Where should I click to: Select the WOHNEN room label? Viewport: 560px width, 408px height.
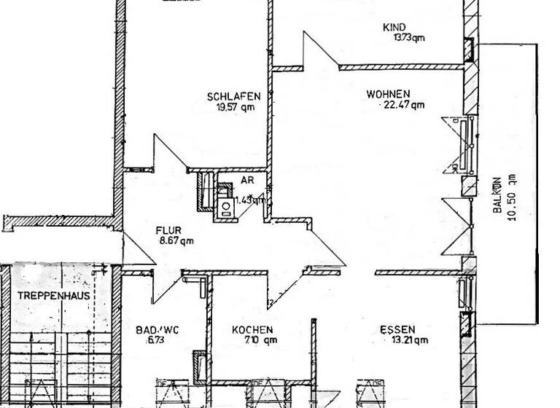[388, 94]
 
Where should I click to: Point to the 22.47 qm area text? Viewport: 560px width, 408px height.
[403, 105]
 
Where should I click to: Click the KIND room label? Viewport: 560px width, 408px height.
[394, 28]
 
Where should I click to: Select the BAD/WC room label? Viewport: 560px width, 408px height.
[157, 329]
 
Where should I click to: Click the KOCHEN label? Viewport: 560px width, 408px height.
[252, 329]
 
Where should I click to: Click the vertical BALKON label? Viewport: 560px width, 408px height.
[497, 195]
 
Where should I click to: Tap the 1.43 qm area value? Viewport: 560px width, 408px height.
[249, 198]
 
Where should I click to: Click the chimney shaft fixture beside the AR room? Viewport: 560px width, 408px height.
[205, 191]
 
